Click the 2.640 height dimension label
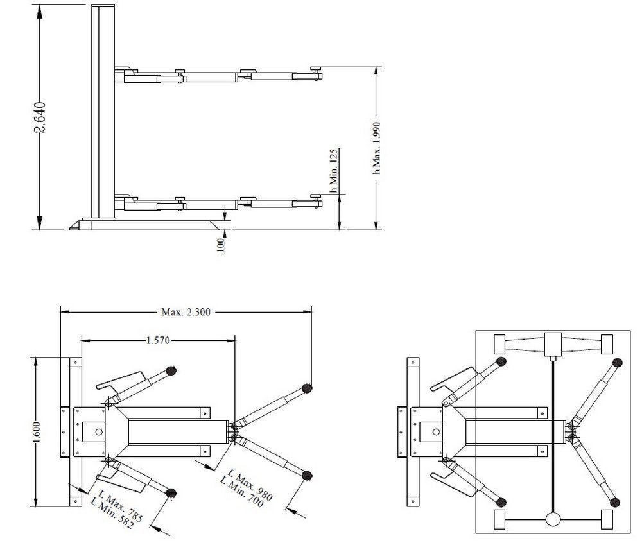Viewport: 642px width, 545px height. [x=40, y=117]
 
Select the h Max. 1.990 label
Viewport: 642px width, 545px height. [x=377, y=148]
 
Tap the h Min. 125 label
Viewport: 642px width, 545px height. [x=334, y=171]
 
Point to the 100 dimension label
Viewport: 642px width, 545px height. [x=220, y=245]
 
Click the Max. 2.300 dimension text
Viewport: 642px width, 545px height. [x=186, y=312]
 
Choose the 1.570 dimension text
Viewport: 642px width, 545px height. [x=158, y=340]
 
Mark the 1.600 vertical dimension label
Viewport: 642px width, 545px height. [x=36, y=432]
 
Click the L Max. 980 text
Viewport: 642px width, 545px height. [x=250, y=485]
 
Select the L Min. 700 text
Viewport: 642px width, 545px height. [x=241, y=492]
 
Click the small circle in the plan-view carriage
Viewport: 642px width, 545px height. [x=98, y=431]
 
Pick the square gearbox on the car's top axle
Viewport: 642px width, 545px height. [x=553, y=344]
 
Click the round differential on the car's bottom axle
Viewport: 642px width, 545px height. [x=553, y=519]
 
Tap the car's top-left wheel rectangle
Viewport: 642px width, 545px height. [x=499, y=344]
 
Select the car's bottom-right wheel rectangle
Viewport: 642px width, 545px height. [x=607, y=519]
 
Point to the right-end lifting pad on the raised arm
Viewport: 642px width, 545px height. [x=317, y=69]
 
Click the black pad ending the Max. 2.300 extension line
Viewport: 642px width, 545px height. [x=307, y=388]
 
